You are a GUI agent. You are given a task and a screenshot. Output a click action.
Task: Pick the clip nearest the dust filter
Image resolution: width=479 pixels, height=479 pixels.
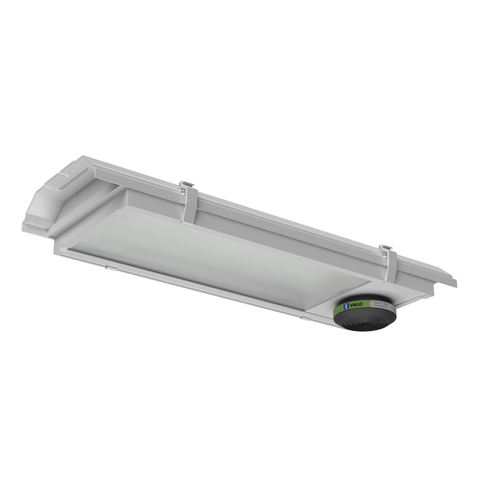pyautogui.click(x=387, y=265)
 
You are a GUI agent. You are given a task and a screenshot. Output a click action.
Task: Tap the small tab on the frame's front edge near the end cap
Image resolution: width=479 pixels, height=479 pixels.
pyautogui.click(x=109, y=268)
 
